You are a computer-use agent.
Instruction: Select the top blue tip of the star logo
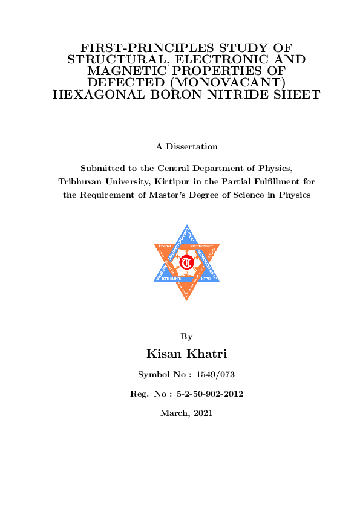186,228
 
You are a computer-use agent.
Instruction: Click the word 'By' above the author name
186,336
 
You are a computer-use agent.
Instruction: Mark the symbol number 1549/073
211,375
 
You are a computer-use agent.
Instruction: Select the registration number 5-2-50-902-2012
209,394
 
